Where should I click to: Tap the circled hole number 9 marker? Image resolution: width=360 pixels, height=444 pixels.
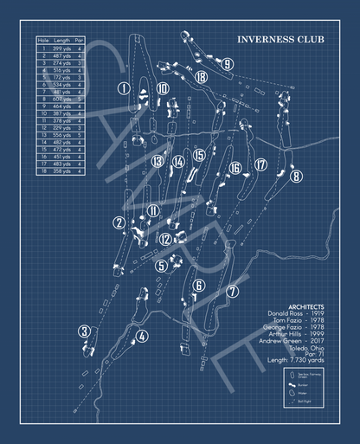pos(226,63)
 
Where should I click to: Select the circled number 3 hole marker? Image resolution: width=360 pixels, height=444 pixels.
pos(84,331)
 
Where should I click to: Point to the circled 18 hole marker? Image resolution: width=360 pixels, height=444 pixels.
pos(201,76)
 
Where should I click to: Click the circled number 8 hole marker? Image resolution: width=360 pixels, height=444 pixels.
pos(296,177)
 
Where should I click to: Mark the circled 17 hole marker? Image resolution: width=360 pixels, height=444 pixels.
pos(260,164)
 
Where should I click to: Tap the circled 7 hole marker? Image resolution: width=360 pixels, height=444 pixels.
pos(231,291)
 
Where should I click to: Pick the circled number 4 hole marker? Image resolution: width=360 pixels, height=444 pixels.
pos(141,336)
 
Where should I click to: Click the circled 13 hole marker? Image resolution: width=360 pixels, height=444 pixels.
pos(157,161)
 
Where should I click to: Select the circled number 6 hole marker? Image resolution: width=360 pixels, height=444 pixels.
pos(198,286)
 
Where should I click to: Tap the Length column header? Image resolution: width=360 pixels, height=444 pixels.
pos(61,40)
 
